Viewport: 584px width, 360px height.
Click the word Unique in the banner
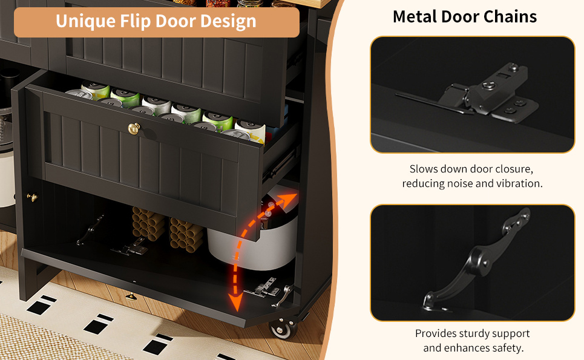pyautogui.click(x=86, y=21)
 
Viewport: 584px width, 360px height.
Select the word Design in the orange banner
pyautogui.click(x=228, y=22)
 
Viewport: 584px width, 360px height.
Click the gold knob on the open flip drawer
pyautogui.click(x=134, y=128)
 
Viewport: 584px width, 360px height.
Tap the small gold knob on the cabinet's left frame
pyautogui.click(x=32, y=197)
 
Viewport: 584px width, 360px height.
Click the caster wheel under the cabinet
pyautogui.click(x=284, y=329)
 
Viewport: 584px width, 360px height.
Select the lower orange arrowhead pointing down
pyautogui.click(x=235, y=302)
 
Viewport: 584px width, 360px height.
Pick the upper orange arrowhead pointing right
pyautogui.click(x=289, y=200)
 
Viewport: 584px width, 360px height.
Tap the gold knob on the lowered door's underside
pyautogui.click(x=131, y=296)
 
